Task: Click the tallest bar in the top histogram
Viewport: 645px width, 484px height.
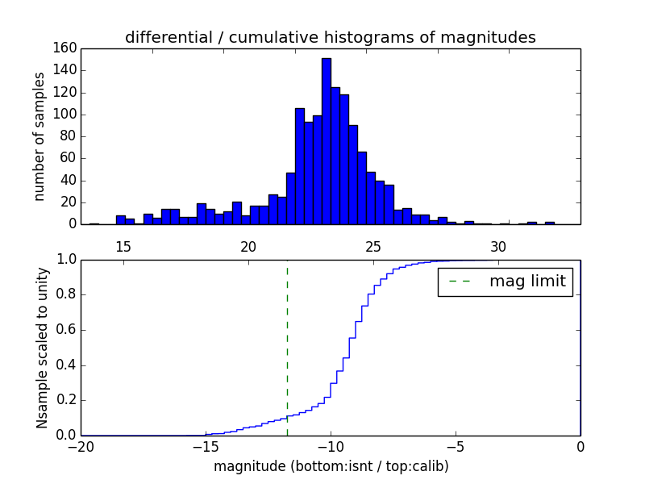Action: [x=326, y=141]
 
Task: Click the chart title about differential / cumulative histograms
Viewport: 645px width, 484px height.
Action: [x=330, y=37]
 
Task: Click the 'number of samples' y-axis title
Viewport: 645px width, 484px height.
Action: [x=40, y=136]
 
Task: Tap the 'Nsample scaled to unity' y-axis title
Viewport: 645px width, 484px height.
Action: [x=43, y=347]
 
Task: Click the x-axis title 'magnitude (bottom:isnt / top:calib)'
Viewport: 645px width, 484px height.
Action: [x=331, y=466]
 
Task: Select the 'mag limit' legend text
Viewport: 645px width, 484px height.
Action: [x=527, y=282]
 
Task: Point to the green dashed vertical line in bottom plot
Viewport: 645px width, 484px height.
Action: [x=287, y=347]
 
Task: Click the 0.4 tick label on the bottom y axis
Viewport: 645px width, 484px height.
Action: [x=66, y=365]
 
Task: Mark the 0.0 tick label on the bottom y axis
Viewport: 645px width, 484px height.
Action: [x=66, y=436]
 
